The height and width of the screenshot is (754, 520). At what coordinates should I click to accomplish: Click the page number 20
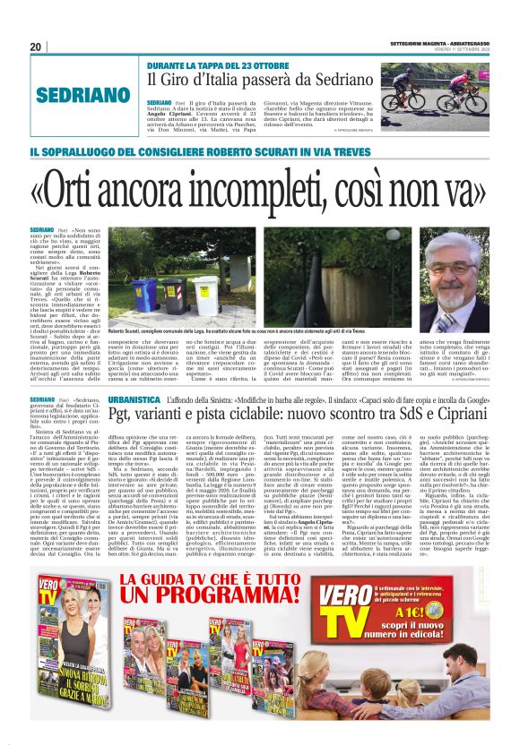tap(36, 47)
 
